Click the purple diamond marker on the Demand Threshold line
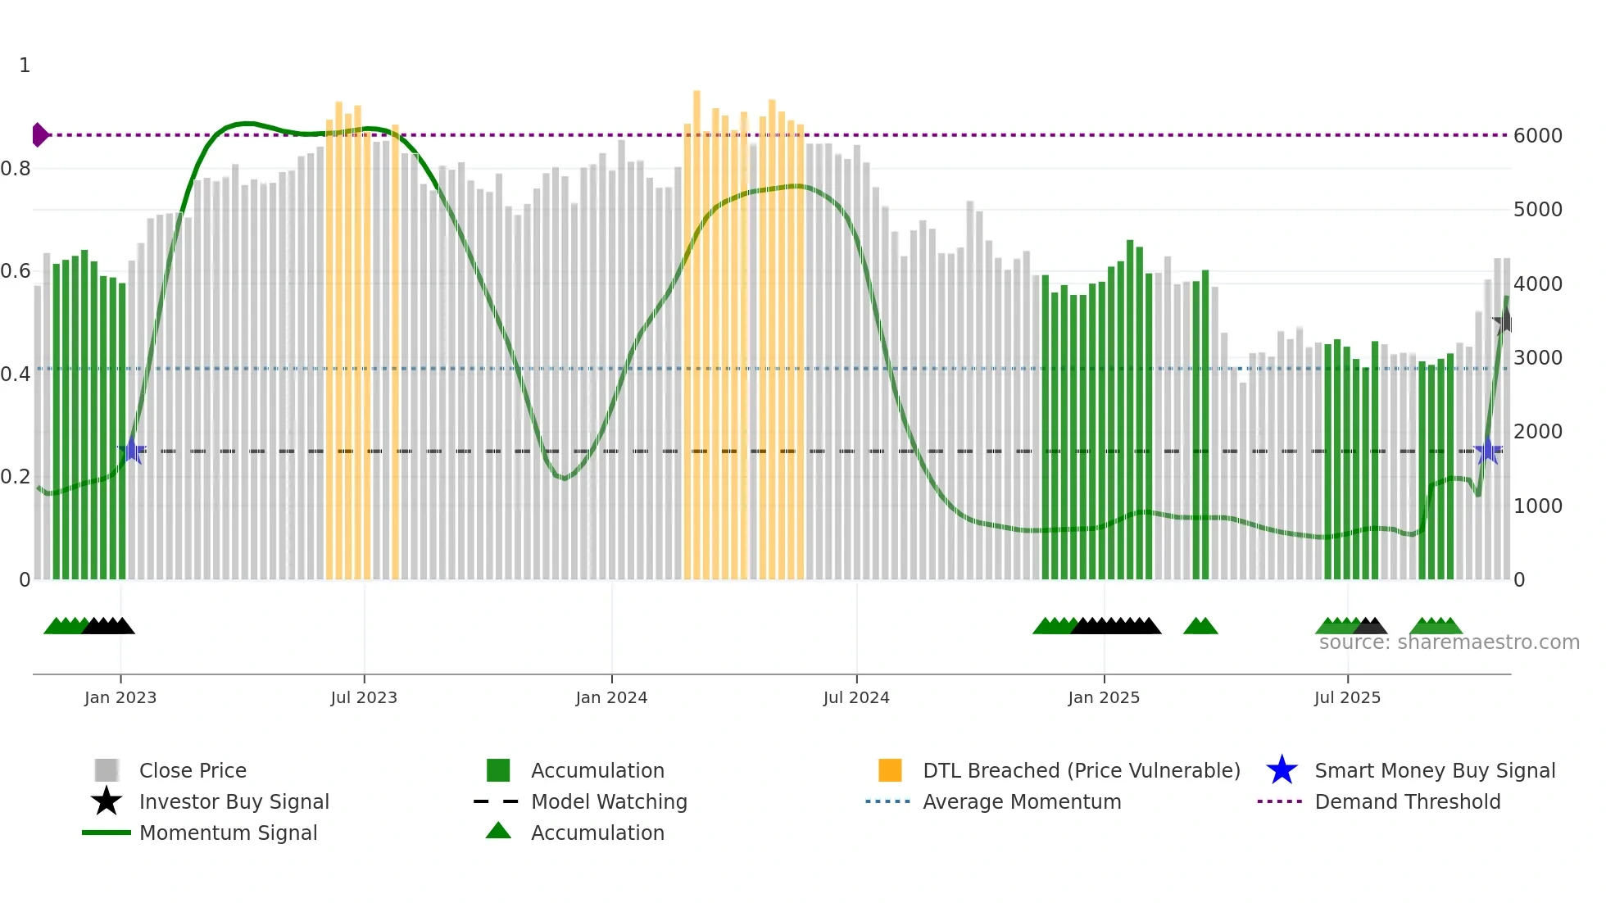tap(39, 134)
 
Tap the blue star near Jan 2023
tap(132, 450)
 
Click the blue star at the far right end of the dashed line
tap(1487, 451)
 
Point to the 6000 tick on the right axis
tap(1537, 136)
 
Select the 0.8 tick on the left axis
tap(16, 169)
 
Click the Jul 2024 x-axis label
tap(855, 697)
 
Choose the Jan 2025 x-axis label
tap(1103, 697)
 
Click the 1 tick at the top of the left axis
tap(25, 66)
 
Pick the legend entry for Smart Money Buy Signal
tap(1434, 770)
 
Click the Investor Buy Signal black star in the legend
tap(107, 801)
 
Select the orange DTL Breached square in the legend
tap(890, 770)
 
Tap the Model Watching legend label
tap(609, 801)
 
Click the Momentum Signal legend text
tap(228, 833)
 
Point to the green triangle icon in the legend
tap(498, 831)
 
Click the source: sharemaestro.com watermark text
tap(1449, 642)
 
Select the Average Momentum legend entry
tap(1021, 801)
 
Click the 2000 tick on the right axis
tap(1537, 432)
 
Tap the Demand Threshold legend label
tap(1407, 801)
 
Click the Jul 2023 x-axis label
tap(363, 697)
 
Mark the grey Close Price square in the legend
tap(107, 770)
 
